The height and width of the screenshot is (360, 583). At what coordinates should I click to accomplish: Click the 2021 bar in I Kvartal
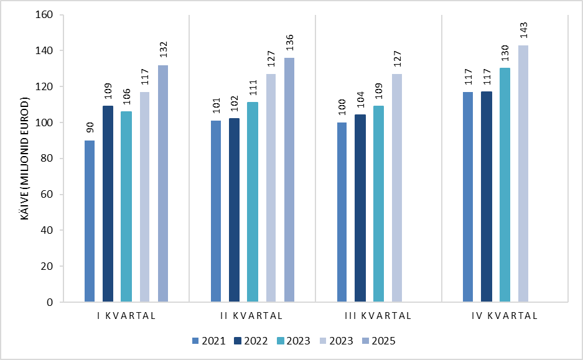pos(90,221)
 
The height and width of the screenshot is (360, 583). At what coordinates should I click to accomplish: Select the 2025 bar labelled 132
pos(163,183)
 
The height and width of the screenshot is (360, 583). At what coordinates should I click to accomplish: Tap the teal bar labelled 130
pos(505,185)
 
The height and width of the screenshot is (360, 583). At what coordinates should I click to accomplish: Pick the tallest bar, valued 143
pos(523,173)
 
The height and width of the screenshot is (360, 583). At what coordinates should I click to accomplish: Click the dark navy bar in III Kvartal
pos(360,208)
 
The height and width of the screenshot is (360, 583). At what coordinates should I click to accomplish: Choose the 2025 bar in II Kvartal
pos(289,180)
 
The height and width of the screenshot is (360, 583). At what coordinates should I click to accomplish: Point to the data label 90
pos(90,127)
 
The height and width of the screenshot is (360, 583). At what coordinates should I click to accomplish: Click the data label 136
pos(290,42)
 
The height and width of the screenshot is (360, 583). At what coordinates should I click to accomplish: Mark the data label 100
pos(342,107)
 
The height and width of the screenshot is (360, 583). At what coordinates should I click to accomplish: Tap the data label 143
pos(523,30)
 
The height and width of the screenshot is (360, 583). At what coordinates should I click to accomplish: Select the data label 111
pos(253,88)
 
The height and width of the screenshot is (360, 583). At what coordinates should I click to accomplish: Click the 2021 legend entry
pos(209,341)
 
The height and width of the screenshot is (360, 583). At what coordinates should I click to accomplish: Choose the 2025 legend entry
pos(379,341)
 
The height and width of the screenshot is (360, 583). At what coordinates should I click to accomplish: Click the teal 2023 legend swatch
pos(281,341)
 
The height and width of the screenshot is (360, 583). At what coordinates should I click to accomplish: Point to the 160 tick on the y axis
pos(44,14)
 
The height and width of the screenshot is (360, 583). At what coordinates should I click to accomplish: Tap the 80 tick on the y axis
pos(47,159)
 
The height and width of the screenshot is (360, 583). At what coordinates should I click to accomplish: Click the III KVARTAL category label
pos(378,316)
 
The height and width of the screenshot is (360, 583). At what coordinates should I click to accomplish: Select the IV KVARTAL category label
pos(505,316)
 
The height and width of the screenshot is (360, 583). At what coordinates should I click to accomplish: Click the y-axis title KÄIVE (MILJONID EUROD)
pos(24,159)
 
